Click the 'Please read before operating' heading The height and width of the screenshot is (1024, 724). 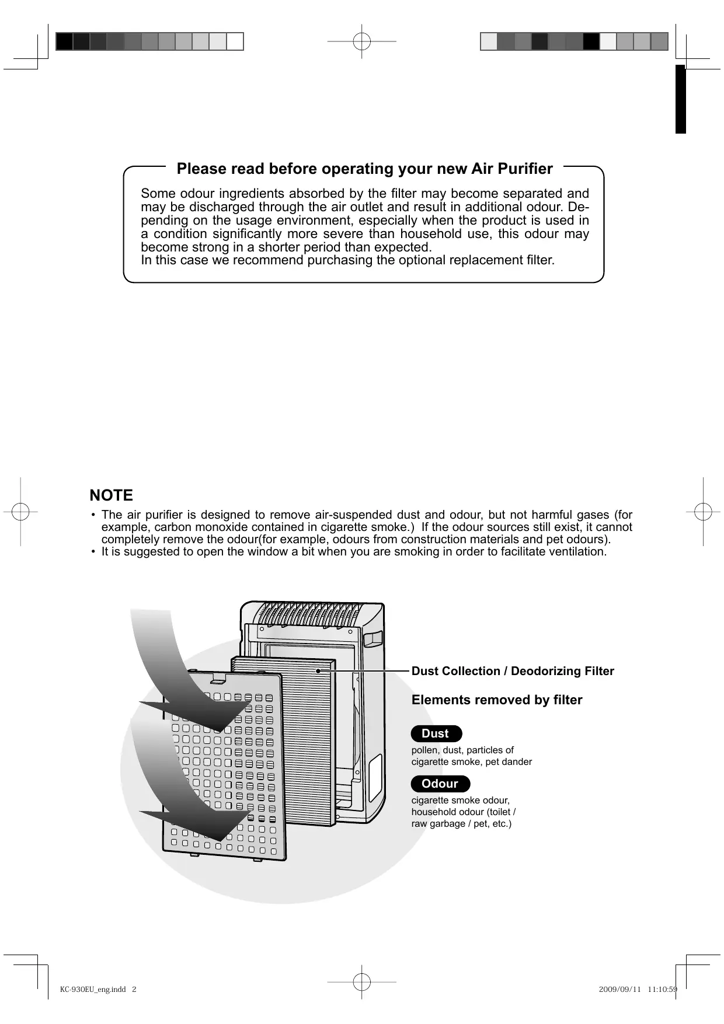pos(364,169)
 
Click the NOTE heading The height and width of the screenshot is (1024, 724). pos(112,495)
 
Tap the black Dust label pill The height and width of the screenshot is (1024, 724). pos(436,733)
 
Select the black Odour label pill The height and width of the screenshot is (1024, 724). pos(440,784)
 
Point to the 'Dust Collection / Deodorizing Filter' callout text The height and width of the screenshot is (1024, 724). pos(513,671)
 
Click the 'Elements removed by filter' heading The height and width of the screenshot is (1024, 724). pos(497,700)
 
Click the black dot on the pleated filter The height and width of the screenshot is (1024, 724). pos(318,671)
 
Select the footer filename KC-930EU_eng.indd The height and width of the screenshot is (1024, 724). pos(93,989)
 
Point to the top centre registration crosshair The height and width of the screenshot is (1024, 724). pos(362,41)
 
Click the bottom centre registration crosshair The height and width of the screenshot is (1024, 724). pos(362,982)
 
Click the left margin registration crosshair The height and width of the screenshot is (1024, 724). pos(20,511)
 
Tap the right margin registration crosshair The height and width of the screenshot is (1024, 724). pos(704,511)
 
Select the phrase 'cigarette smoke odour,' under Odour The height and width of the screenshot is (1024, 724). pos(460,800)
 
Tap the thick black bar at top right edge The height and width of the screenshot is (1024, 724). pos(680,99)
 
